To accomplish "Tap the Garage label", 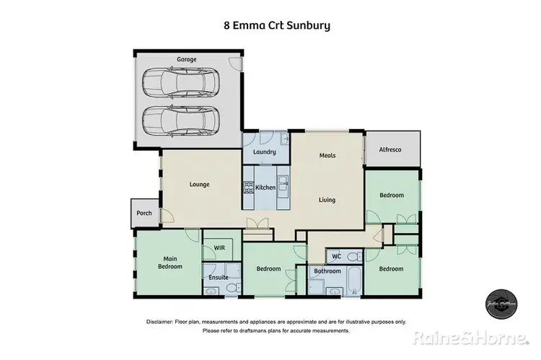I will [x=186, y=59].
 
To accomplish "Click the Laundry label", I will [x=265, y=152].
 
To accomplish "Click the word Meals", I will [x=327, y=155].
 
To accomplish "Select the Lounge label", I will [x=199, y=185].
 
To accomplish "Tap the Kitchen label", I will [x=265, y=188].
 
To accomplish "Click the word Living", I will [x=327, y=201].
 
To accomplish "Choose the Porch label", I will [x=144, y=213].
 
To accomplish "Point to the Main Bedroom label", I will [x=170, y=263].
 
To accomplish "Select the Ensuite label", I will [x=219, y=277].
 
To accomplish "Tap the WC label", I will [x=336, y=256].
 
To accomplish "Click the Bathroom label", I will [x=327, y=271].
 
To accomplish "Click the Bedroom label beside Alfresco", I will [x=392, y=196].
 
